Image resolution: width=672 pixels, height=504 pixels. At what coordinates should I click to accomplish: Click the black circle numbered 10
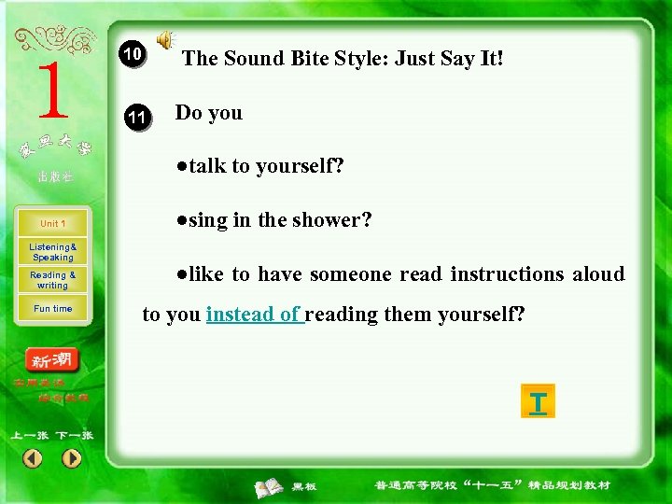click(133, 55)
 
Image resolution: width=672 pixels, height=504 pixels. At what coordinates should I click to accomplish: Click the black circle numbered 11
click(136, 118)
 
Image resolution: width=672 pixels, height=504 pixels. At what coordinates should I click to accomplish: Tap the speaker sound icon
click(164, 39)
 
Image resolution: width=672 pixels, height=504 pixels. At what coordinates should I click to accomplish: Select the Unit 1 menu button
click(53, 224)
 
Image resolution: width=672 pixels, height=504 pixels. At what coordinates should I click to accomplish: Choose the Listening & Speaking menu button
click(53, 252)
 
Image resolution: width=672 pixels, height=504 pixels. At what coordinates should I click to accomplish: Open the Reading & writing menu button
click(53, 280)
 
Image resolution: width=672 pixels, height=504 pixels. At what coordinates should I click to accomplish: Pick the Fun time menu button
click(53, 309)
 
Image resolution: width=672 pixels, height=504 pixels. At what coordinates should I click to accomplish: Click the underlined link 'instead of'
click(254, 315)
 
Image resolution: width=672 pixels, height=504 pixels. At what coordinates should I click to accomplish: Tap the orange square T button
click(538, 401)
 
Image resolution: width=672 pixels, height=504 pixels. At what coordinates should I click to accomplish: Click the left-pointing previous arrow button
click(33, 458)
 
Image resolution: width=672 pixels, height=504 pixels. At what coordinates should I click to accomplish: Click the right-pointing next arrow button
click(72, 458)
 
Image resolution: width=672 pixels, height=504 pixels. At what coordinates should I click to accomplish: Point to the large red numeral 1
click(52, 91)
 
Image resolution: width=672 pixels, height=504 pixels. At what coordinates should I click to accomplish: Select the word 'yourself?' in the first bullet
click(300, 167)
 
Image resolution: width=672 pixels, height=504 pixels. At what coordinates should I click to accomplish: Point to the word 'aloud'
click(598, 274)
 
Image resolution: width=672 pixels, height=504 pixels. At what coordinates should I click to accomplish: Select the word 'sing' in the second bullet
click(208, 221)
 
